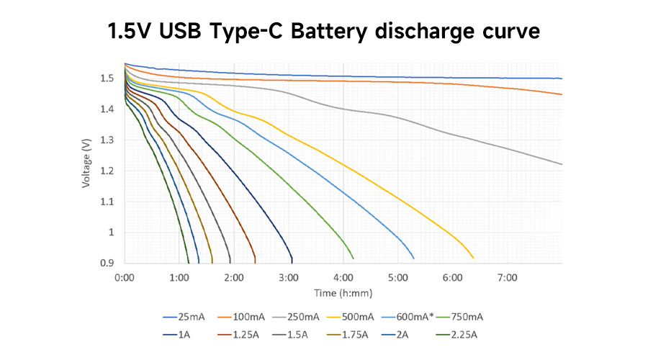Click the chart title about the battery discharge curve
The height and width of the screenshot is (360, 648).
323,32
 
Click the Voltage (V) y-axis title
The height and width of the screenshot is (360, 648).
86,163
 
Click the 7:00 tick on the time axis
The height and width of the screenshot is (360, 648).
507,277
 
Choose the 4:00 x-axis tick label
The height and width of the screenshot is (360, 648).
343,277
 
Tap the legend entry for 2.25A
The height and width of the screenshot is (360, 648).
461,334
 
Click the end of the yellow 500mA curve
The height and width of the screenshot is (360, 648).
473,258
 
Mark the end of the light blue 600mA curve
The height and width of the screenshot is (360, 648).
414,258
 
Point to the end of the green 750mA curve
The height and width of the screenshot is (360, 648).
354,258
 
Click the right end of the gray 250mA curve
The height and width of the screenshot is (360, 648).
562,164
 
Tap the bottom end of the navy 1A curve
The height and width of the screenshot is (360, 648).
292,262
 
